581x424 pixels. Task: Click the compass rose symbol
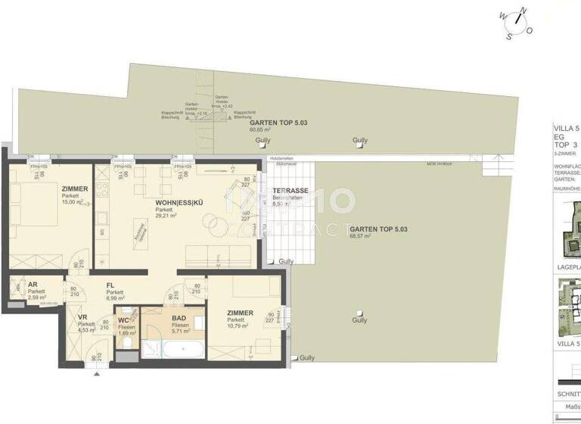(x=514, y=22)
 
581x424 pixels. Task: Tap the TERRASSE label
(x=290, y=191)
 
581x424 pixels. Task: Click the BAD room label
(x=179, y=319)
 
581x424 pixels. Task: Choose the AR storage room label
(x=33, y=285)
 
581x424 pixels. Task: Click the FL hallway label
(x=110, y=285)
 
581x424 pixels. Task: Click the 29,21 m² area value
(x=165, y=216)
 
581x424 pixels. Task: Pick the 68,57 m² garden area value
(x=355, y=236)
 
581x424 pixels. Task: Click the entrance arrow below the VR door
(x=96, y=370)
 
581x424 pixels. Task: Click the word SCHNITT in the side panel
(x=567, y=394)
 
